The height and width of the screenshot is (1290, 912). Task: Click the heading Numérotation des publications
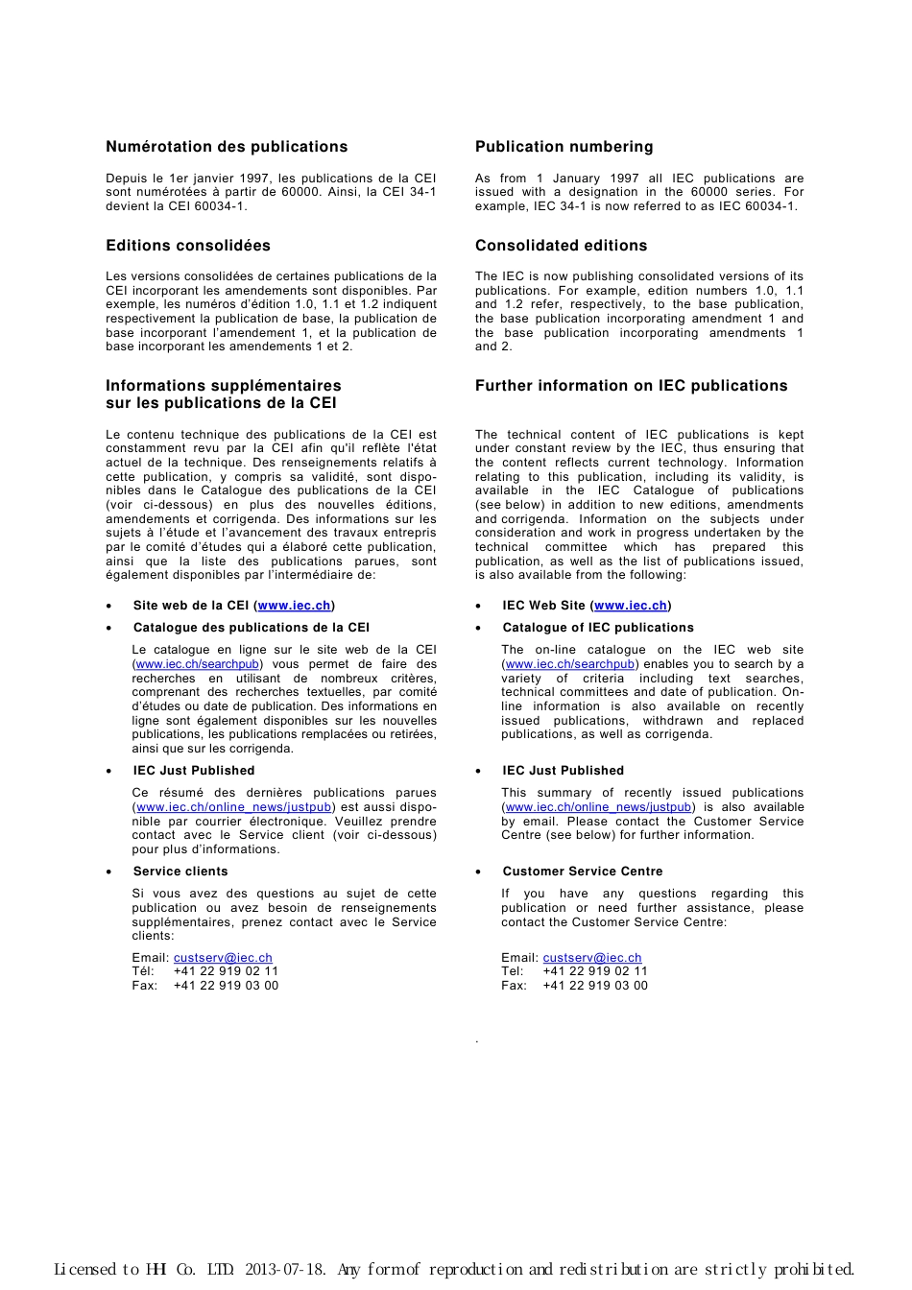[227, 147]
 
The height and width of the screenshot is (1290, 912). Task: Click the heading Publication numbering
[564, 147]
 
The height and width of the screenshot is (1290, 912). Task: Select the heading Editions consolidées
[188, 246]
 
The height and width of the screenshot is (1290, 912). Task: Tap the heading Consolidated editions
[561, 246]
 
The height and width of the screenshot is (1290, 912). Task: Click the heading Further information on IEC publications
[631, 386]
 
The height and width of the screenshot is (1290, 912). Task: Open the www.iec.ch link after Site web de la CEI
[294, 606]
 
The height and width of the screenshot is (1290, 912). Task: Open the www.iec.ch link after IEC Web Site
[631, 606]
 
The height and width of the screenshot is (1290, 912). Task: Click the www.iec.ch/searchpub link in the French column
[198, 664]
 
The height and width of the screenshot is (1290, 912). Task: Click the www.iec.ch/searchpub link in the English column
[569, 664]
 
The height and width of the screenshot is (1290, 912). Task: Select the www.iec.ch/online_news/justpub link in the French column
[234, 807]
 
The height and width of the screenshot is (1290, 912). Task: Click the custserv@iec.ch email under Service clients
[223, 958]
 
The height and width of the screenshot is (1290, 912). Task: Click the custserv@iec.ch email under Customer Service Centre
[592, 958]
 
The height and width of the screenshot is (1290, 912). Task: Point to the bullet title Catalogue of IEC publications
[597, 628]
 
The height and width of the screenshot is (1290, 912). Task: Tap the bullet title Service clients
[180, 872]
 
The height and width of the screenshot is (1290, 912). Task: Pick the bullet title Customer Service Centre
[582, 872]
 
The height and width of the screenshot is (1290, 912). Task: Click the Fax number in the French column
[226, 986]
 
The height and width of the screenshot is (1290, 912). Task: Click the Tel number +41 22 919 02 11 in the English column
[595, 971]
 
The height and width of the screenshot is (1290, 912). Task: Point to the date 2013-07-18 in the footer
[285, 1270]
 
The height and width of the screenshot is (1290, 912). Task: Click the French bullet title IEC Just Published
[194, 771]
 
